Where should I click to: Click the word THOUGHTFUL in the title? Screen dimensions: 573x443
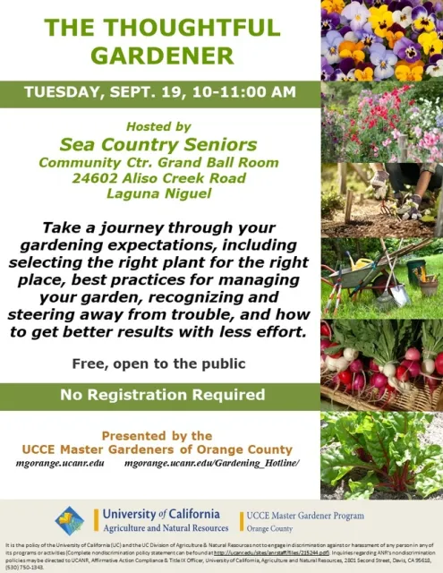(x=189, y=29)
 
